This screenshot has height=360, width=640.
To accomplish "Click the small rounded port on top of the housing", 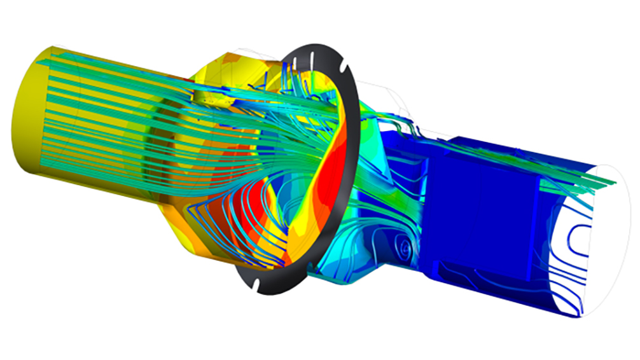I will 205,96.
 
